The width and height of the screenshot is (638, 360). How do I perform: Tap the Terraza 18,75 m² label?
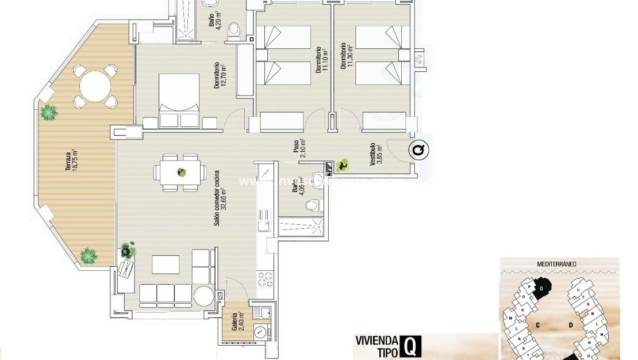[x=72, y=161]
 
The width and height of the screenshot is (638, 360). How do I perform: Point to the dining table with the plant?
[x=182, y=172]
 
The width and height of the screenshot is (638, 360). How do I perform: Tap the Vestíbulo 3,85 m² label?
[x=376, y=154]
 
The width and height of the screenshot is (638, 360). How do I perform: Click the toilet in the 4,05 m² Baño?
[x=313, y=204]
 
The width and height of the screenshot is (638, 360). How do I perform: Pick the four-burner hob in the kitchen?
[x=264, y=279]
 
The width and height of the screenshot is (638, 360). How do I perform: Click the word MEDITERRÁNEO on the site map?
[x=557, y=265]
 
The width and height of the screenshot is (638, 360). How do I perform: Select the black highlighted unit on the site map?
[x=541, y=286]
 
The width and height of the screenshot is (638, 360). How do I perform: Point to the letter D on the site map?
[x=571, y=325]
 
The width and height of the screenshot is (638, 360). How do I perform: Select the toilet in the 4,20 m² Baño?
[x=233, y=30]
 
